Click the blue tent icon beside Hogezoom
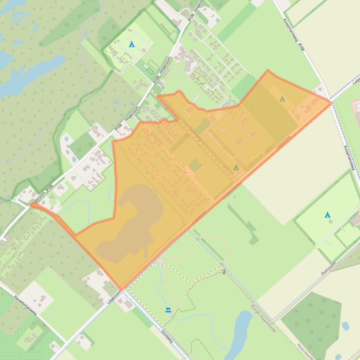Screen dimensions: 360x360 pyautogui.click(x=132, y=44)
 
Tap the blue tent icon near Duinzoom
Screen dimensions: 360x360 pyautogui.click(x=328, y=215)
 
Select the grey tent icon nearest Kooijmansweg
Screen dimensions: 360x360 pyautogui.click(x=282, y=99)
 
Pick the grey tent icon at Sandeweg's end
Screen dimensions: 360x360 pyautogui.click(x=236, y=167)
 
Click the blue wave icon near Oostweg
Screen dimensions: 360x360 pyautogui.click(x=168, y=310)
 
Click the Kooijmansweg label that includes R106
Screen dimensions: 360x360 pyautogui.click(x=294, y=35)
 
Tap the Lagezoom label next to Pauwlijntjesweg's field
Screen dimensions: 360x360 pyautogui.click(x=114, y=297)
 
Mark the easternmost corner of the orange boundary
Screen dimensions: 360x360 pyautogui.click(x=331, y=102)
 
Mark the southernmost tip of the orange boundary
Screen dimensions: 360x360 pyautogui.click(x=121, y=289)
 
